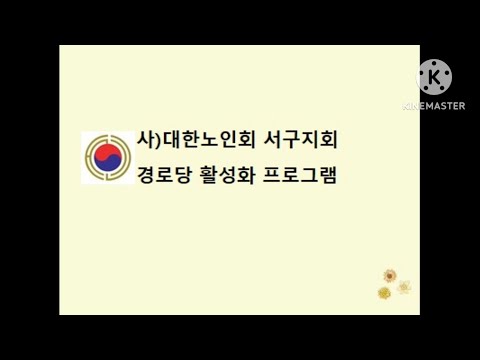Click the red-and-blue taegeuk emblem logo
pos(107,158)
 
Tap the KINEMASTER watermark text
pos(434,105)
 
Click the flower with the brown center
pos(390,275)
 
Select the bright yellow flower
pos(384,292)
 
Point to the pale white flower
pos(404,286)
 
